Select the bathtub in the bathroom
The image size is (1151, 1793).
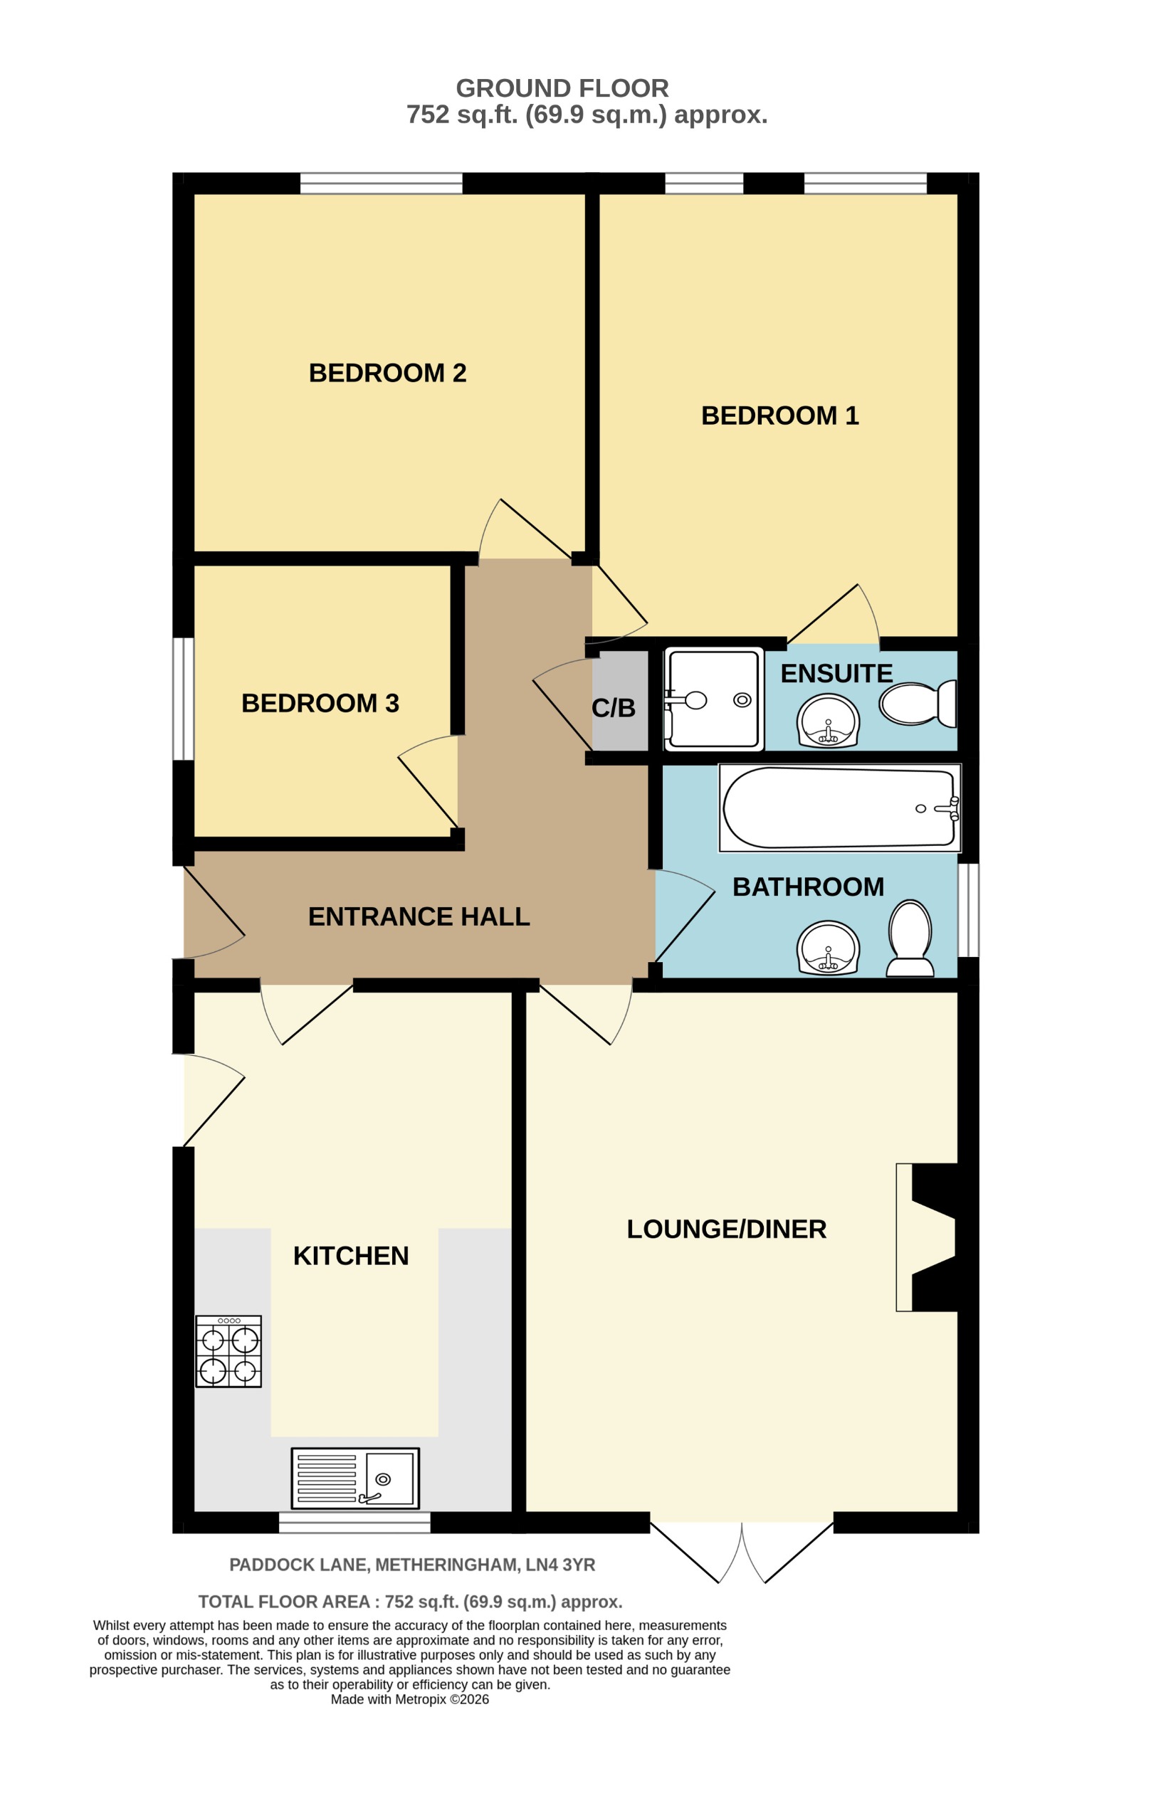point(839,808)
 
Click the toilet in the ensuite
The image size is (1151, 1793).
point(918,703)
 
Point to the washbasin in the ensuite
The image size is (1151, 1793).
point(828,721)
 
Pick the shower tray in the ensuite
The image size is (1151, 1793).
point(714,699)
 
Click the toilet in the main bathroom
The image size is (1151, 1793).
point(910,938)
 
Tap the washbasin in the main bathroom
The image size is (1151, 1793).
point(828,948)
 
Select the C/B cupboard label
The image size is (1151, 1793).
point(614,708)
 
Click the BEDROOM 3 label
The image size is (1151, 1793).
point(320,703)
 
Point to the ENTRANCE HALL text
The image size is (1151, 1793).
point(419,916)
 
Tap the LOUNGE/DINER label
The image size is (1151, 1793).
point(727,1229)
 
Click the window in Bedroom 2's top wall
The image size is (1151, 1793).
point(382,183)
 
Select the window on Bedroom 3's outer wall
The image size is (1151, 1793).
point(183,699)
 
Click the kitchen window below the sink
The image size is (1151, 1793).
point(354,1522)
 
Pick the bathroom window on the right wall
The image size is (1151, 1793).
point(968,910)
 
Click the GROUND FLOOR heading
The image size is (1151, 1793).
point(562,88)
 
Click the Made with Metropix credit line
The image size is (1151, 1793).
point(409,1699)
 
